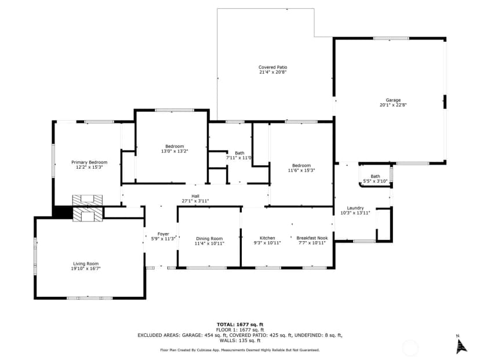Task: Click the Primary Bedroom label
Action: [89, 162]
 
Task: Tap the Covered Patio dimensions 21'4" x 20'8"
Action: [273, 72]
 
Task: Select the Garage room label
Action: [393, 100]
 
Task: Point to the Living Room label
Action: [86, 264]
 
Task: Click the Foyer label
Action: [163, 234]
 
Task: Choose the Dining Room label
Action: [209, 238]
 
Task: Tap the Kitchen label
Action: [267, 238]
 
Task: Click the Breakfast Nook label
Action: [312, 238]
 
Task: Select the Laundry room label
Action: [355, 208]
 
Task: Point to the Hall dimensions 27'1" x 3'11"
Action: [195, 201]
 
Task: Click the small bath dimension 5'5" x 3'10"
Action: [375, 181]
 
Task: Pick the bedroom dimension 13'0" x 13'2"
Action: [174, 151]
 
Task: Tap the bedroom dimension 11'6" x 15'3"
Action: [301, 170]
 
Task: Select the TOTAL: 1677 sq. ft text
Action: [240, 325]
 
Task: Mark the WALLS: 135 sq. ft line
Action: [240, 340]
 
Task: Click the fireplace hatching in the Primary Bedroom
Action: [87, 200]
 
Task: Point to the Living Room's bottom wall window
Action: [89, 298]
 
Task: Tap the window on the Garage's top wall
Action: [391, 38]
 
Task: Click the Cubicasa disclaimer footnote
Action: [240, 350]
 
